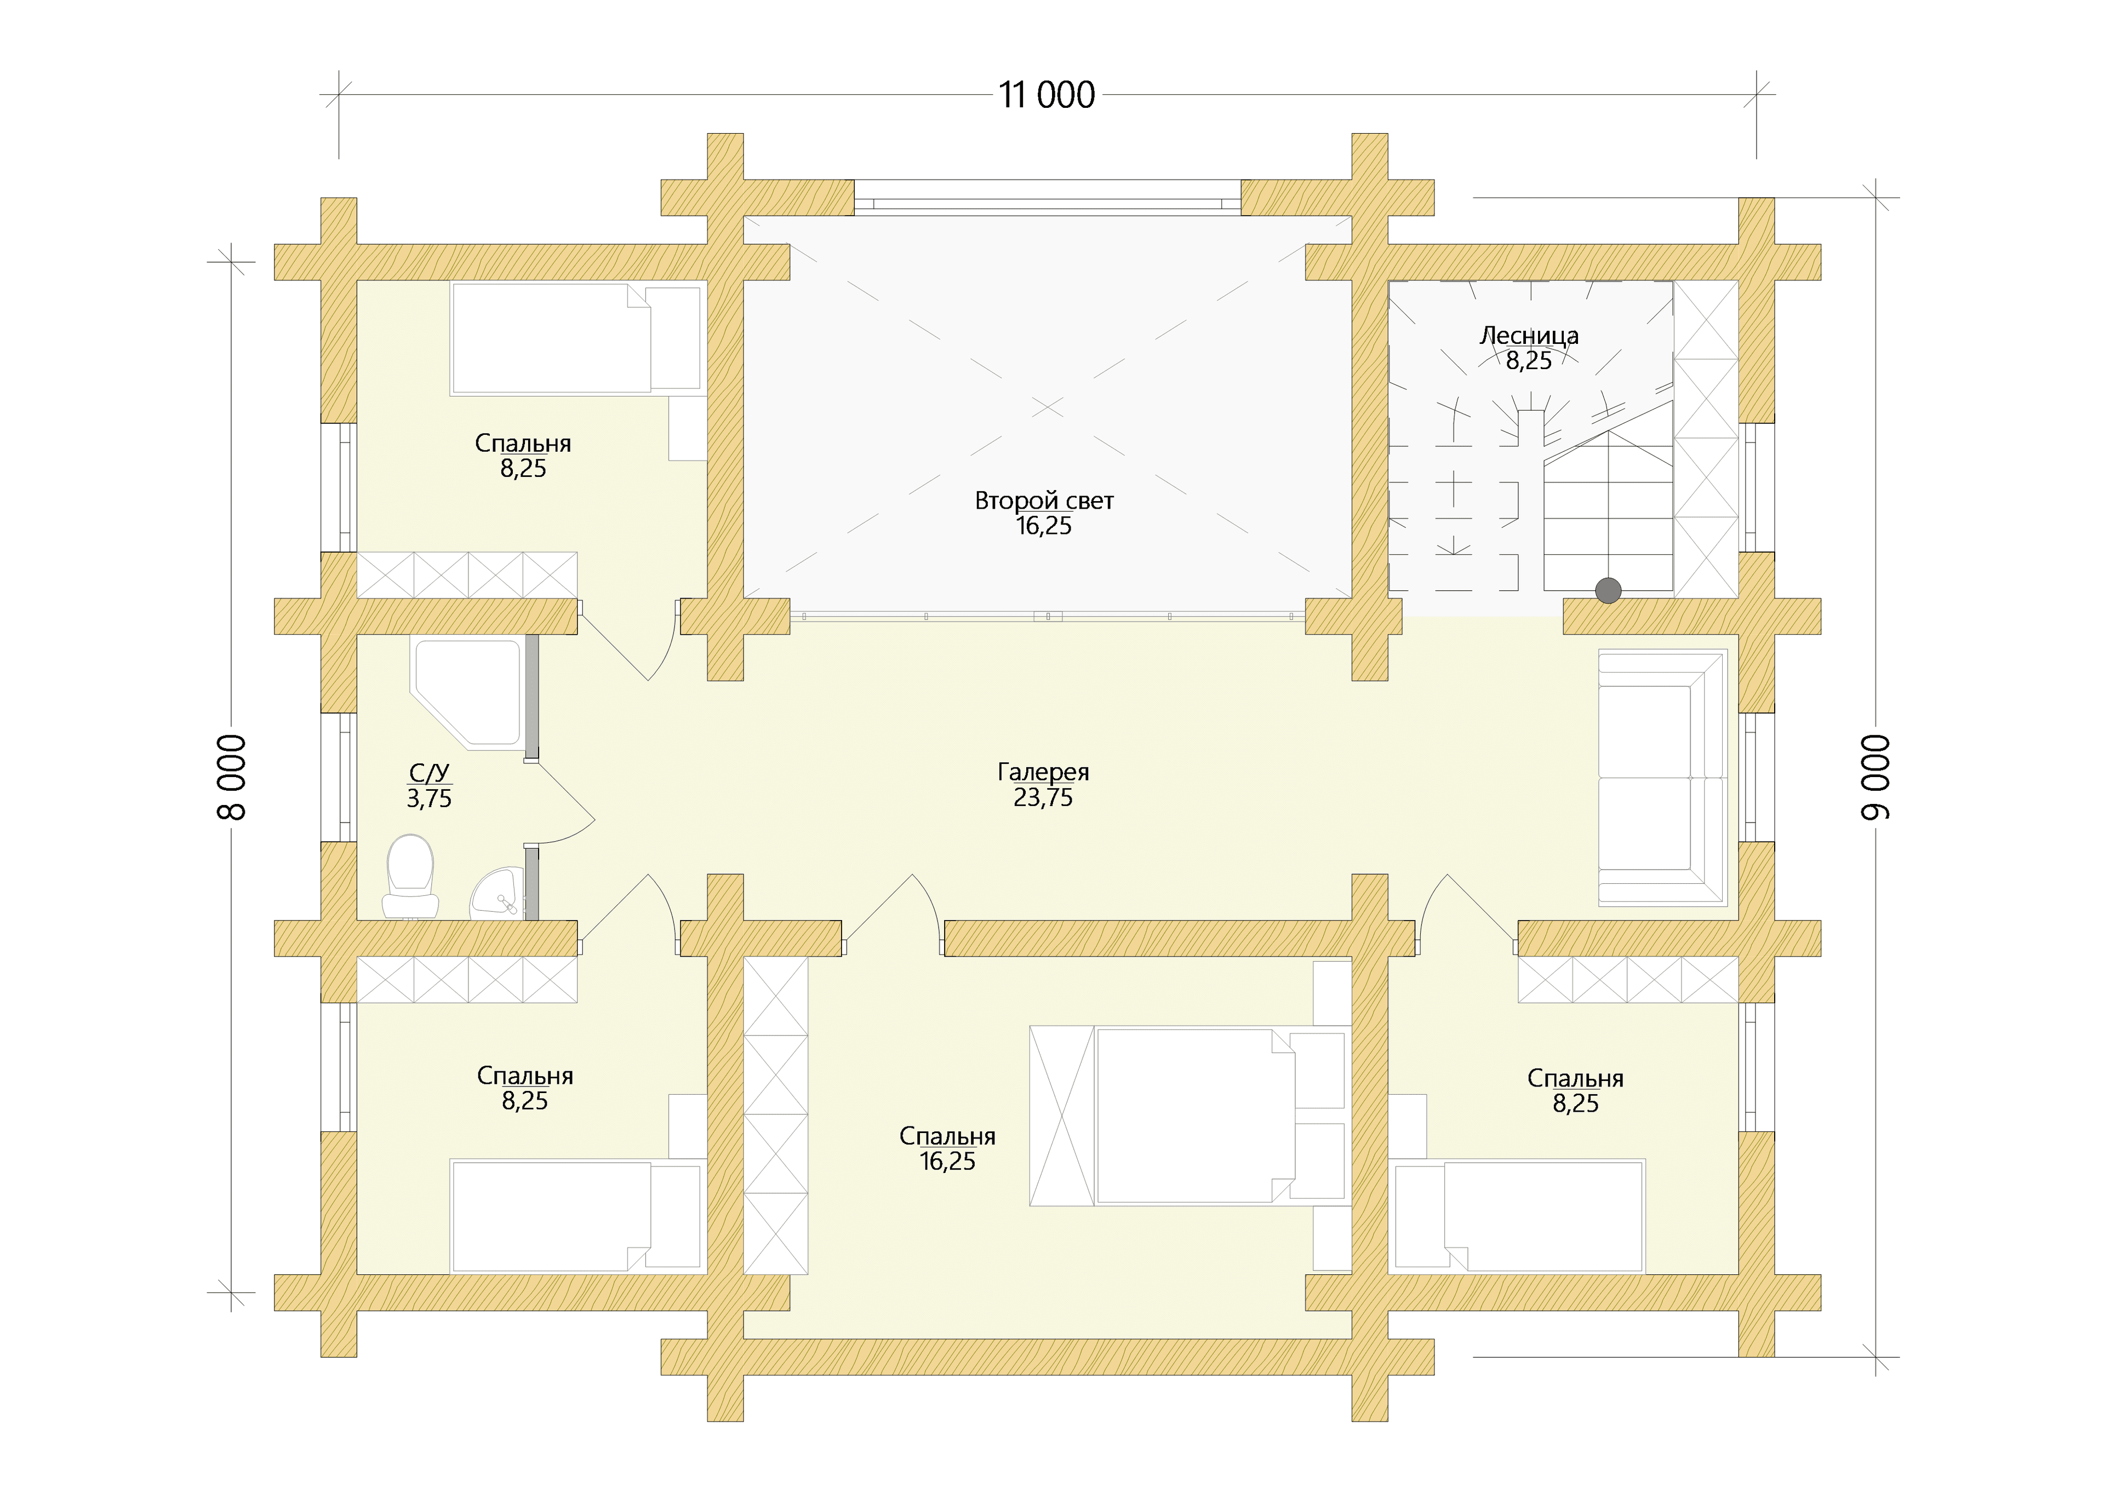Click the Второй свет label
click(x=1044, y=501)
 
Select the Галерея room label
click(x=1043, y=773)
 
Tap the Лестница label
click(x=1529, y=336)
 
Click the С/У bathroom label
click(x=429, y=773)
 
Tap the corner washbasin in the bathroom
click(x=500, y=894)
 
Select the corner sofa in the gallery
click(x=1662, y=778)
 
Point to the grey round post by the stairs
click(x=1608, y=590)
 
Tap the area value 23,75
click(x=1043, y=798)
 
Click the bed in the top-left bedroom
click(x=576, y=338)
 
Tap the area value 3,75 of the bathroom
click(x=429, y=798)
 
